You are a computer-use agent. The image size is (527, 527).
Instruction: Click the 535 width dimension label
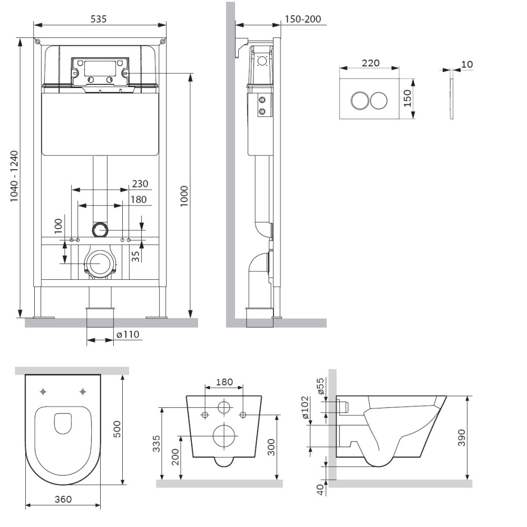coord(99,19)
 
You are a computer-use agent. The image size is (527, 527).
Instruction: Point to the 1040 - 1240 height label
coord(14,177)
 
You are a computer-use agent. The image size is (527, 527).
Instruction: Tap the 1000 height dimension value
coord(184,196)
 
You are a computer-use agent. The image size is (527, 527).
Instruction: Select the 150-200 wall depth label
coord(302,19)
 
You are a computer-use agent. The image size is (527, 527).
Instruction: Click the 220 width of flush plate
coord(370,63)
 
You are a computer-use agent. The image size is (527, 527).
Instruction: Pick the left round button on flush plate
coord(359,100)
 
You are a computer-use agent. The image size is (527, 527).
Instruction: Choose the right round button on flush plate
coord(379,100)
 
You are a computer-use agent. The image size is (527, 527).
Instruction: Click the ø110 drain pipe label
coord(127,334)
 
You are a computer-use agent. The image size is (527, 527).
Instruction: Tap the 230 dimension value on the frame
coord(140,184)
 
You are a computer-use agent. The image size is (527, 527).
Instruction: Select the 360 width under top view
coord(62,499)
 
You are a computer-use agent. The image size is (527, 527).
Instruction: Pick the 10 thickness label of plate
coord(467,64)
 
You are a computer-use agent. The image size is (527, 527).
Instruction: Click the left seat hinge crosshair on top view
coord(43,392)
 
